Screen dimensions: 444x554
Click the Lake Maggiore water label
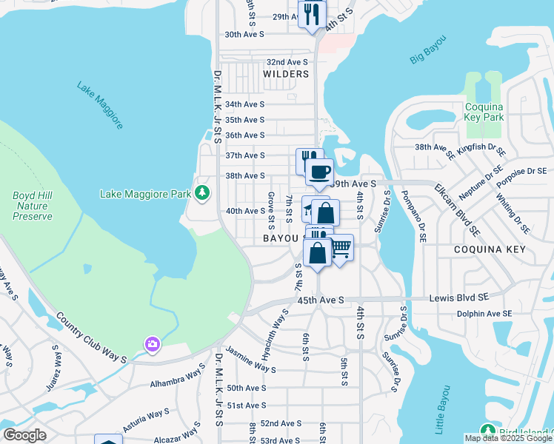[100, 105]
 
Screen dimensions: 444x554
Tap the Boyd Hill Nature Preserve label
[33, 206]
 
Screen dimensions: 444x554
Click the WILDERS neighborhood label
[286, 75]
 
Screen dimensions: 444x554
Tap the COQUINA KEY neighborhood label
[490, 250]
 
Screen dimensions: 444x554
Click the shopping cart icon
[340, 248]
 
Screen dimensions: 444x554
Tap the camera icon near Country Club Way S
[152, 344]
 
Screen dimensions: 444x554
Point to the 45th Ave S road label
[321, 300]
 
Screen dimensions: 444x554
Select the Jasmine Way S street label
[250, 360]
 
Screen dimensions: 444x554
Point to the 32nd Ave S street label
[287, 62]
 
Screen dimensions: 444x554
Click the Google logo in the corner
[24, 435]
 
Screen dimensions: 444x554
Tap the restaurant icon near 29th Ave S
[312, 13]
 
